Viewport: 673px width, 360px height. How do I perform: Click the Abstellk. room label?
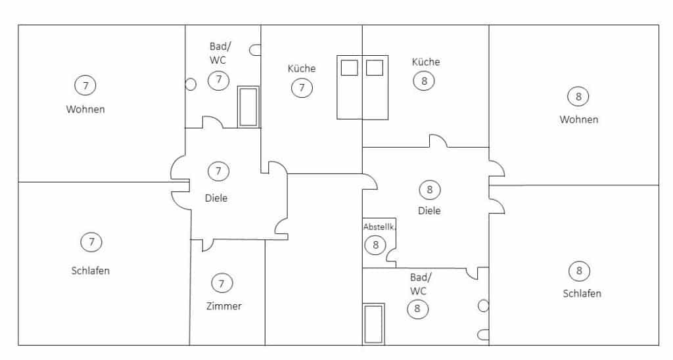coord(379,227)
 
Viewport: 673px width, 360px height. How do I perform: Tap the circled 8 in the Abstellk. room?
coord(375,244)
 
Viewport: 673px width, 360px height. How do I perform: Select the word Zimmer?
coord(223,306)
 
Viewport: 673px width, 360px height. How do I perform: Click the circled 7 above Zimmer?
coord(222,283)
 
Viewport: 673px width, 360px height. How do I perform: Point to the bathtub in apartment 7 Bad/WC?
coord(248,107)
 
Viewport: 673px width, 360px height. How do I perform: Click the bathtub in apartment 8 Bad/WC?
coord(373,324)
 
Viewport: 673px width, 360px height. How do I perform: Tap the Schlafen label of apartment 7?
coord(91,271)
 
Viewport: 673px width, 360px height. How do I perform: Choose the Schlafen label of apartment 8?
coord(582,294)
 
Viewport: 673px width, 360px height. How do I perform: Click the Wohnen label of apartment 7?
coord(85,109)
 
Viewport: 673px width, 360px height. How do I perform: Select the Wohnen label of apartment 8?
coord(578,120)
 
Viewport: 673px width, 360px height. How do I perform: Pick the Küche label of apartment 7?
coord(302,68)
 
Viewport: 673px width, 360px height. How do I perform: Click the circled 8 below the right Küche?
coord(424,81)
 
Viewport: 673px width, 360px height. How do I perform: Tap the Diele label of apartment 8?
coord(429,211)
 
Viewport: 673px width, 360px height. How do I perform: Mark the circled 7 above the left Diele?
coord(218,171)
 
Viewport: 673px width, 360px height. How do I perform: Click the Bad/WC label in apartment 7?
coord(219,53)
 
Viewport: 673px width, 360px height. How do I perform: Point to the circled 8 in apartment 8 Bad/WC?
coord(417,309)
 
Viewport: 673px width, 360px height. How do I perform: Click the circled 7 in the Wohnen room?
coord(85,85)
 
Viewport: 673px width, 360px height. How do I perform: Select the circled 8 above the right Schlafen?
coord(579,271)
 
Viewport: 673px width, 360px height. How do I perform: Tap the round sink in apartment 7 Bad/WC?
coord(191,84)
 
